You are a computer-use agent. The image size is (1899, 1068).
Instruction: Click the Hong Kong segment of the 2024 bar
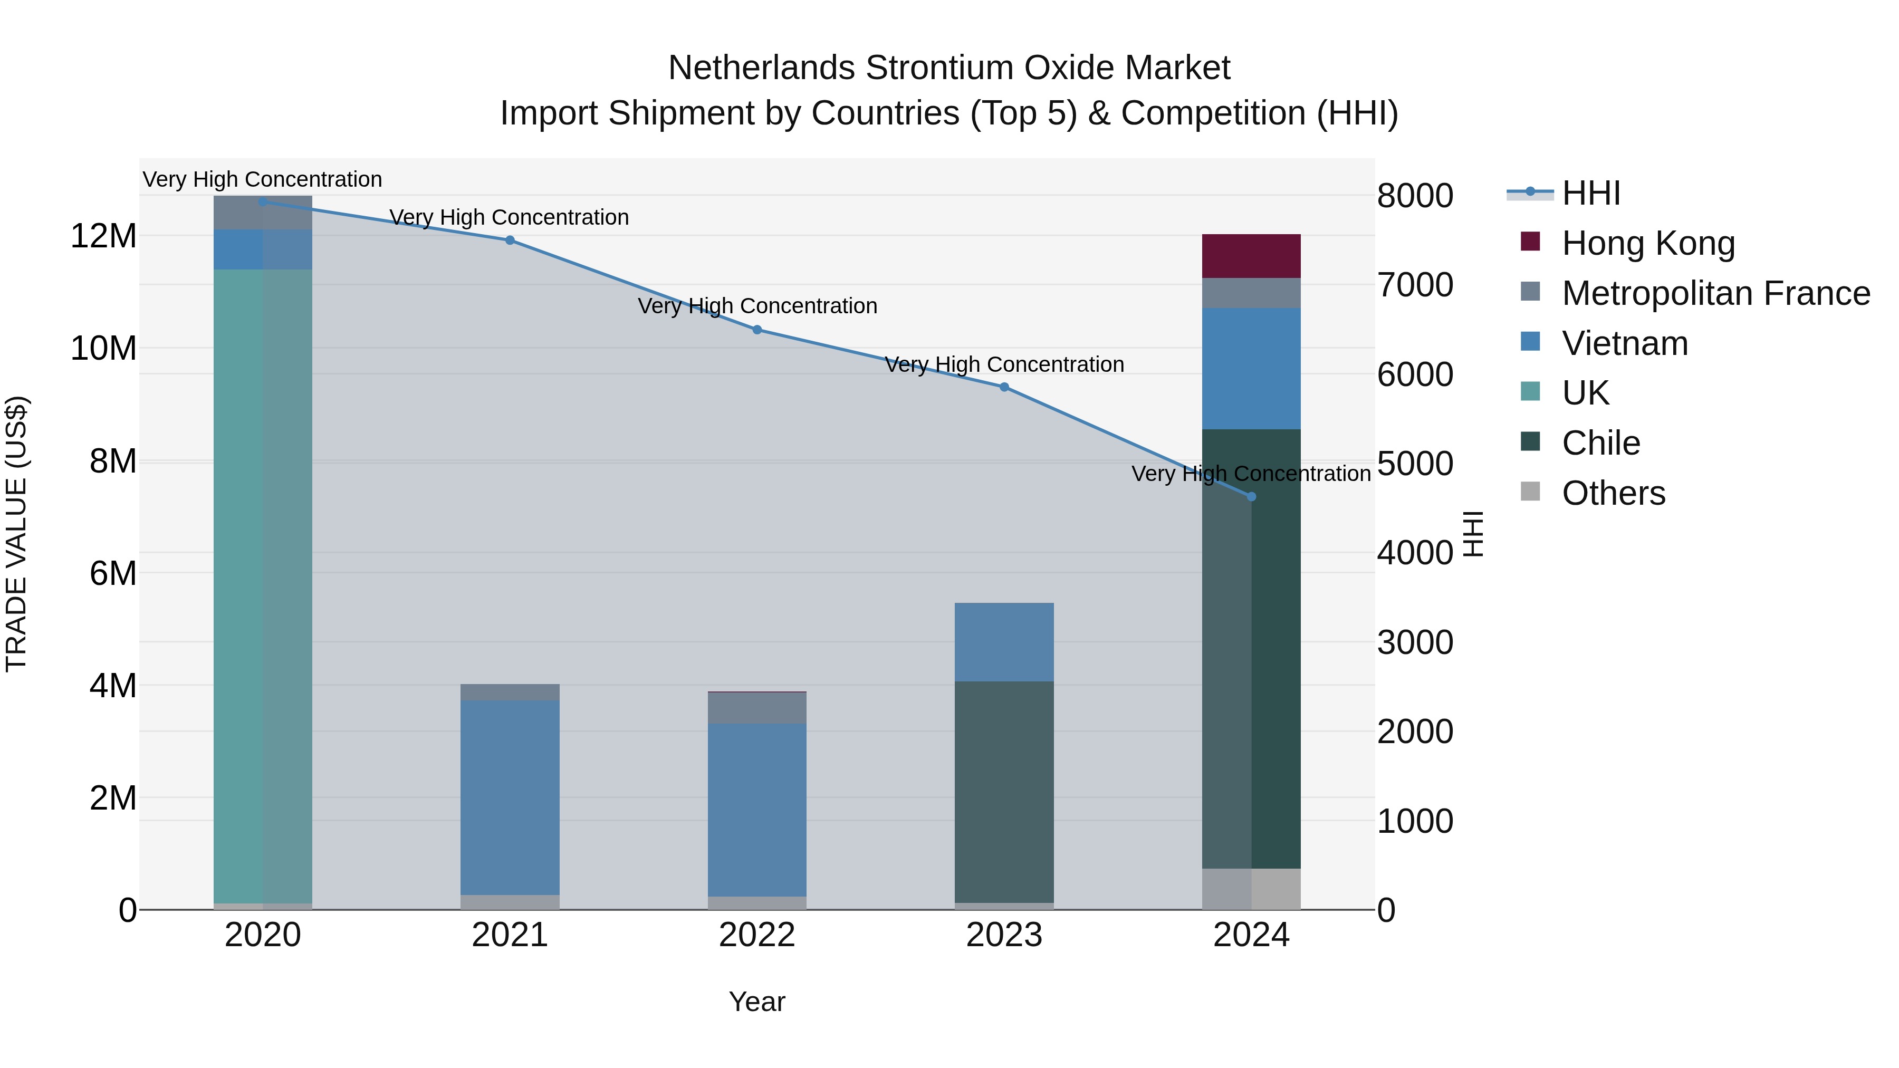(x=1251, y=256)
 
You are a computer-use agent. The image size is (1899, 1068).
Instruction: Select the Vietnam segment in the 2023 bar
(x=1004, y=642)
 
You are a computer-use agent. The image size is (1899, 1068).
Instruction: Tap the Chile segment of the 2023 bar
(x=1004, y=792)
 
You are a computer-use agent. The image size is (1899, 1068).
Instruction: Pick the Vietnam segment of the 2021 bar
(x=510, y=797)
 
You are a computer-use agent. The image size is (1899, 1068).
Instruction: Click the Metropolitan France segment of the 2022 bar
(x=757, y=708)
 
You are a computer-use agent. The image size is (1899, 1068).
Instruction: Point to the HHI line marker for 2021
(x=510, y=240)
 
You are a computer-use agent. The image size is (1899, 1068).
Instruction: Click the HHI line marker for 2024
(x=1251, y=497)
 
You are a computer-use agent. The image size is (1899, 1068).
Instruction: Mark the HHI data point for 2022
(x=757, y=330)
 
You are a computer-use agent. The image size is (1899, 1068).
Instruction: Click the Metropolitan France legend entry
(x=1715, y=293)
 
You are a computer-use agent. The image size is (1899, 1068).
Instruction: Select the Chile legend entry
(x=1600, y=443)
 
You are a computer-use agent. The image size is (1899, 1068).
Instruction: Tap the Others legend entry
(x=1613, y=493)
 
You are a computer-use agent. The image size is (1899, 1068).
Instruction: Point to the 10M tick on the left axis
(x=103, y=348)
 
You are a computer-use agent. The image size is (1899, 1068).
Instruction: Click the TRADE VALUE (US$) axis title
(x=16, y=534)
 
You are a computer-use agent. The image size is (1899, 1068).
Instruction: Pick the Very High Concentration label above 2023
(x=1004, y=365)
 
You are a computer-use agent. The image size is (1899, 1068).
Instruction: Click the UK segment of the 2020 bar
(x=263, y=586)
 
